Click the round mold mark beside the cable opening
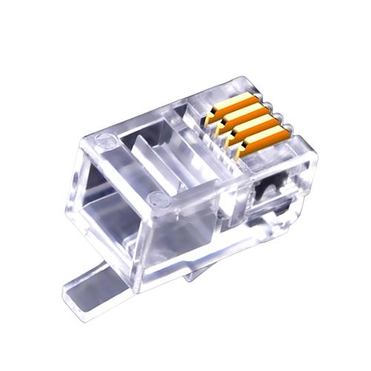(155, 198)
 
